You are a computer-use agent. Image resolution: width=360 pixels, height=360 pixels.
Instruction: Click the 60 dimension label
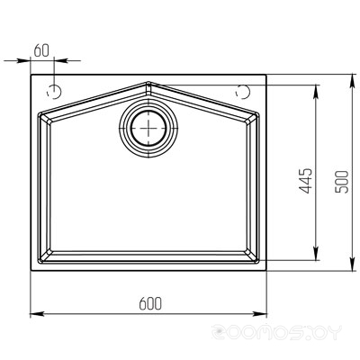coord(41,50)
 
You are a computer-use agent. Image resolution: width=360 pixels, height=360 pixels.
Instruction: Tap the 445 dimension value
coord(306,181)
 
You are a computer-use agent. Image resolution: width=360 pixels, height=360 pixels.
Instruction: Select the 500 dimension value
coord(342,182)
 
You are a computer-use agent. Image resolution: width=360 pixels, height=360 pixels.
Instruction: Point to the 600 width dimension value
coord(150,303)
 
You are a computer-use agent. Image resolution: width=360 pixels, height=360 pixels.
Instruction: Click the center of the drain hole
coord(148,128)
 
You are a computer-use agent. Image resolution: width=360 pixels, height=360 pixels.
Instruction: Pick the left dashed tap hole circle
coord(54,92)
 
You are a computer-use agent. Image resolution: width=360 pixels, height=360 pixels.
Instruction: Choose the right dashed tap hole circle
coord(243,92)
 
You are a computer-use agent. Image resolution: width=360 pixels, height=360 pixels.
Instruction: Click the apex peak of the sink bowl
coord(148,82)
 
